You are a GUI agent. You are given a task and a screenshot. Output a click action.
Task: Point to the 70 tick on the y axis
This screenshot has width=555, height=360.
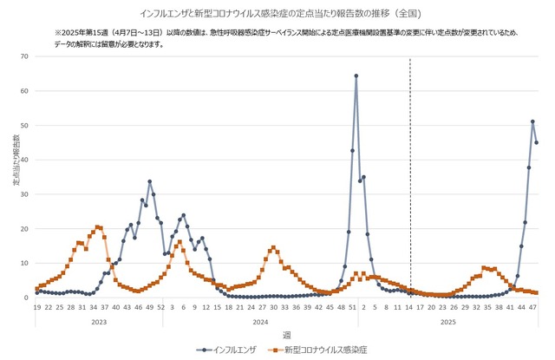pyautogui.click(x=25, y=56)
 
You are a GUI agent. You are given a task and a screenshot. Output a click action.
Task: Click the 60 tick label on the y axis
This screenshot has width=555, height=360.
pyautogui.click(x=25, y=91)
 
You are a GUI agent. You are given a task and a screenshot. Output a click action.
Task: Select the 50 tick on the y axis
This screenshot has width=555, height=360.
pyautogui.click(x=25, y=126)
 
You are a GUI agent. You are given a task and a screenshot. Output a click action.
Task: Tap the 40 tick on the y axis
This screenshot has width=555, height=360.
pyautogui.click(x=25, y=160)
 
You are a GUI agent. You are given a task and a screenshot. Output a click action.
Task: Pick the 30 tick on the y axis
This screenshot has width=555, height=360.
pyautogui.click(x=25, y=194)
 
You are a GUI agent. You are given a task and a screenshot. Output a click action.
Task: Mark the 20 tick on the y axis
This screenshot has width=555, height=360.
pyautogui.click(x=25, y=229)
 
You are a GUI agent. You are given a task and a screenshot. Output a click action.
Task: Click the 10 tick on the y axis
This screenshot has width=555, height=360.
pyautogui.click(x=25, y=263)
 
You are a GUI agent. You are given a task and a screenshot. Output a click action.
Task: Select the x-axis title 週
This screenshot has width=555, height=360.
pyautogui.click(x=286, y=334)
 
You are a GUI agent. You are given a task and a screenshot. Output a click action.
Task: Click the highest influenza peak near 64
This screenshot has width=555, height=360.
pyautogui.click(x=356, y=76)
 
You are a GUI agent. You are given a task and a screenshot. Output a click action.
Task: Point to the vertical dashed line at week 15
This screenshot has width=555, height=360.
pyautogui.click(x=409, y=173)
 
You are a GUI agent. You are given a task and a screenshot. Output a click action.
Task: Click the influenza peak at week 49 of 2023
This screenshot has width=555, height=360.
pyautogui.click(x=149, y=181)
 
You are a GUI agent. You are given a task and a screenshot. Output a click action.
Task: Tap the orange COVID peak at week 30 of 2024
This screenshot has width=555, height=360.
pyautogui.click(x=273, y=247)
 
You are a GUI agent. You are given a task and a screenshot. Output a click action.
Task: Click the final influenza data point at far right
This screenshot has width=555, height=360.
pyautogui.click(x=536, y=142)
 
